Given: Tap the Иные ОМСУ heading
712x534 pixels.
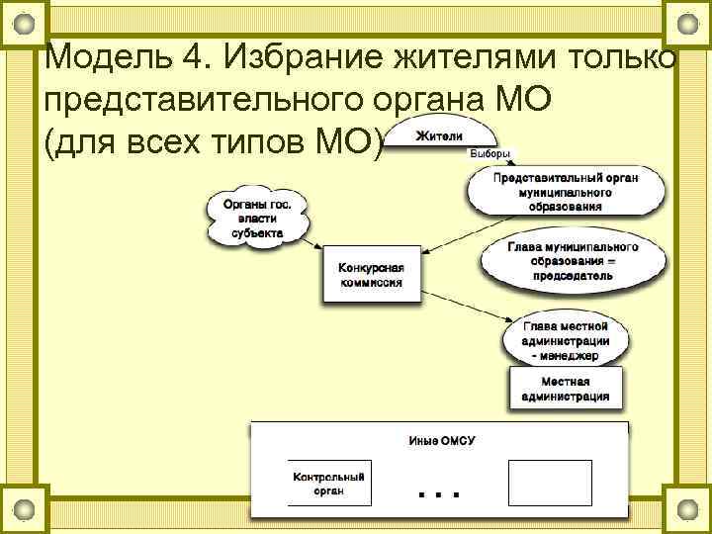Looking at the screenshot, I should tap(441, 440).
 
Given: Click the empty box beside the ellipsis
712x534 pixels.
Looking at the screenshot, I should tap(549, 484).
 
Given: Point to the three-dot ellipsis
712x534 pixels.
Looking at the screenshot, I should tap(439, 491).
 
